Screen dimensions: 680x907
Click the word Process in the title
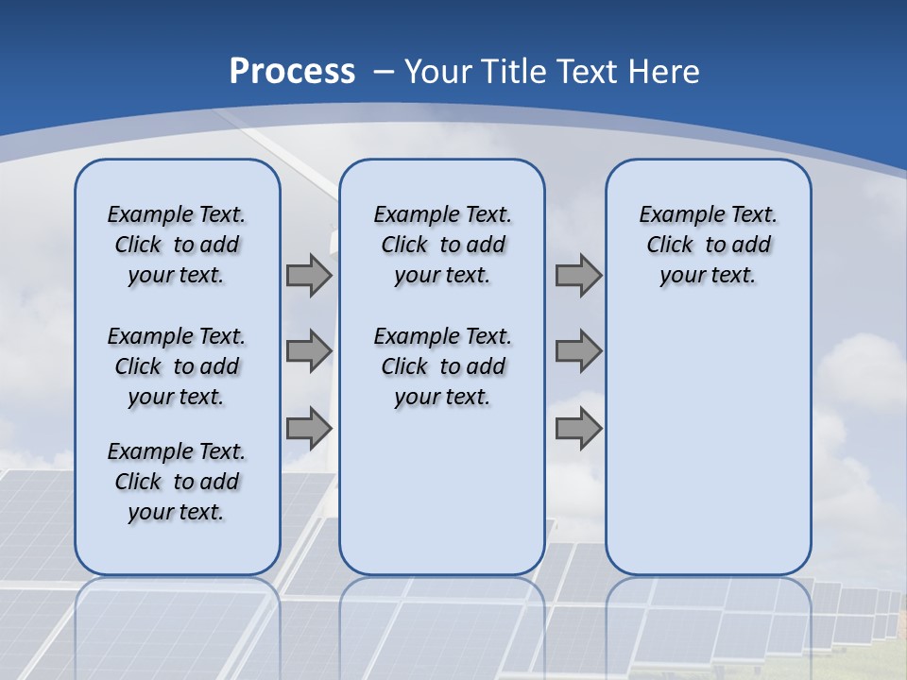coord(292,72)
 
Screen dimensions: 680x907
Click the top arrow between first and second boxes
coord(309,276)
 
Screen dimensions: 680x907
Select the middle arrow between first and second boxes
coord(309,351)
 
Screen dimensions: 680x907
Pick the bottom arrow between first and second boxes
coord(309,428)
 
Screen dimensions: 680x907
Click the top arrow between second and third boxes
coord(578,276)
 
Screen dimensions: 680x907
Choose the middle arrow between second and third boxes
coord(578,351)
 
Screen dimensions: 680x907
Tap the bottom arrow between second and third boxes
coord(578,428)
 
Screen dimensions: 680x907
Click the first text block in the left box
coord(177,245)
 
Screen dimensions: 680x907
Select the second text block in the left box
coord(177,366)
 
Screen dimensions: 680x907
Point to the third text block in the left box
coord(177,482)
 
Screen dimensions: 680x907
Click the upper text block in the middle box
coord(442,245)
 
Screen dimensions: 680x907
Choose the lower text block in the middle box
coord(442,366)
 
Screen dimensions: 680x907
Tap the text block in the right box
coord(708,245)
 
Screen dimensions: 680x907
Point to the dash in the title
coord(384,72)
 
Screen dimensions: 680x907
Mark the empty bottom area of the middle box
coord(442,501)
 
